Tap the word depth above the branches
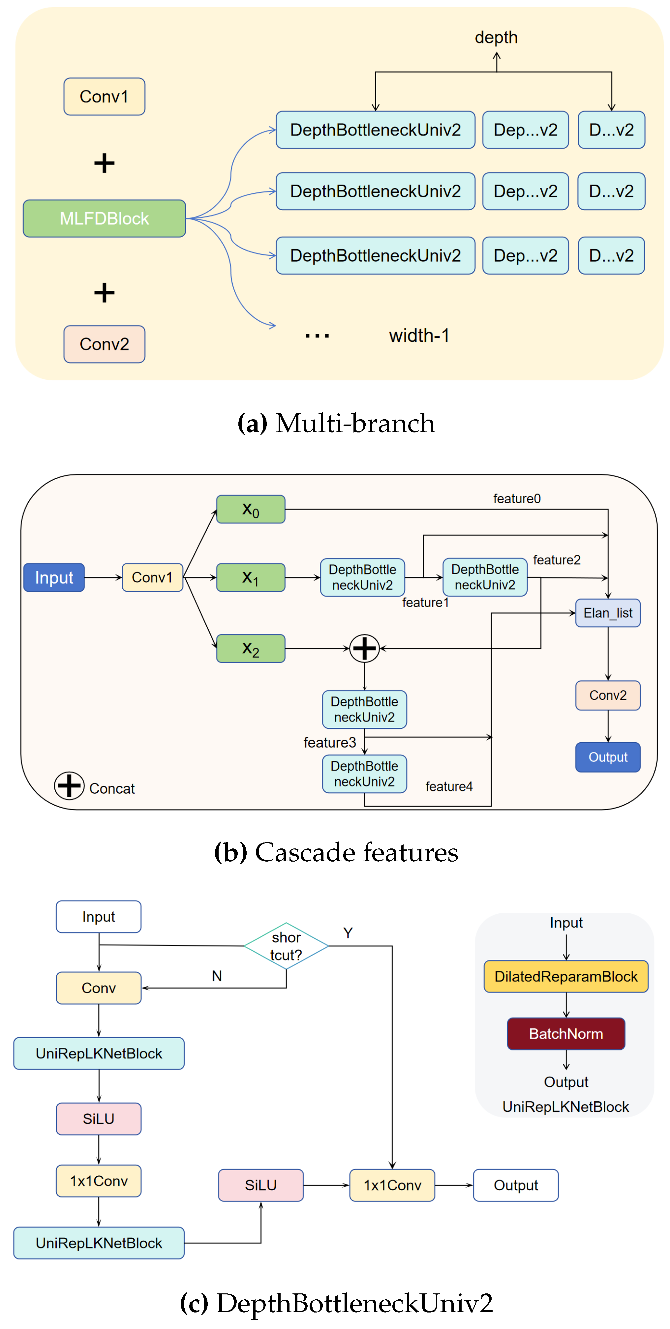496,37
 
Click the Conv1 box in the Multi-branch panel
104,97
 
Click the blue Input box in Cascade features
54,577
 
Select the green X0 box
250,509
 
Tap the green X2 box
250,648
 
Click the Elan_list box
608,612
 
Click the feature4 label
448,786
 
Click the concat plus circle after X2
364,648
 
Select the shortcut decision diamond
286,946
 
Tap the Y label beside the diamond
348,933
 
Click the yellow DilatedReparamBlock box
566,976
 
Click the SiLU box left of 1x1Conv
261,1185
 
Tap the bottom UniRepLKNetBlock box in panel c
99,1243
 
